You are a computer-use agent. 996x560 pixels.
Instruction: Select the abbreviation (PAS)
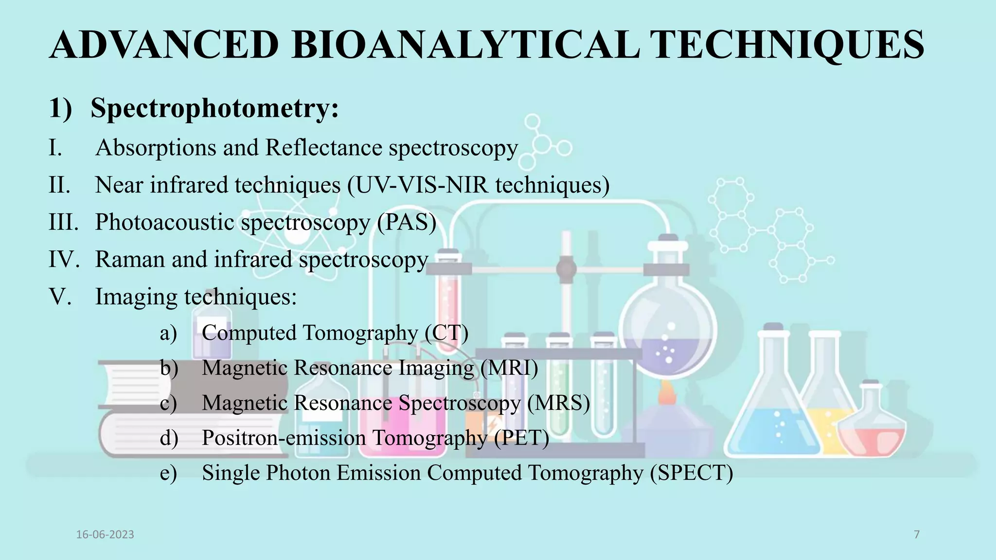pyautogui.click(x=407, y=222)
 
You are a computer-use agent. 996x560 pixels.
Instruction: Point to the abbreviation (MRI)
pyautogui.click(x=509, y=368)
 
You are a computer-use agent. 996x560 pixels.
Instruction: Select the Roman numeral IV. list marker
pyautogui.click(x=63, y=259)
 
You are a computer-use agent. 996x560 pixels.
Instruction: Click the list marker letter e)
pyautogui.click(x=168, y=473)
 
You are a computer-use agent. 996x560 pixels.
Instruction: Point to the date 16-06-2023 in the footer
pyautogui.click(x=105, y=535)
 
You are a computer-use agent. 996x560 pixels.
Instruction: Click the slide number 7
pyautogui.click(x=917, y=535)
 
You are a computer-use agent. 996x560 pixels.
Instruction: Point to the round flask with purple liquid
pyautogui.click(x=667, y=335)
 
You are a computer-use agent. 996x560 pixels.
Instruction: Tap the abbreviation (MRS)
pyautogui.click(x=558, y=403)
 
